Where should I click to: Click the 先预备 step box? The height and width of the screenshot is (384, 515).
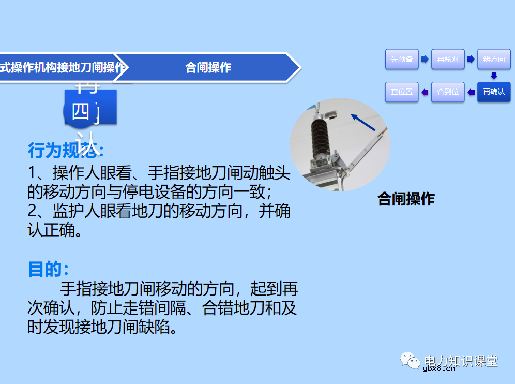click(x=402, y=59)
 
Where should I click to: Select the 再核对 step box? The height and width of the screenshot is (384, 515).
click(x=448, y=59)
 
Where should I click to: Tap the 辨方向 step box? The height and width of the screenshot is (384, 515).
click(x=494, y=59)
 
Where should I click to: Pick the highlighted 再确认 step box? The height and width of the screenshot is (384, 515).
click(x=494, y=92)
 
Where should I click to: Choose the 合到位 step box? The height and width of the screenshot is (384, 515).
click(x=448, y=92)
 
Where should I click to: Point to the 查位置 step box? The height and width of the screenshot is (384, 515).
click(x=402, y=92)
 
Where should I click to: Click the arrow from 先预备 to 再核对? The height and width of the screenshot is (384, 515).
click(x=425, y=59)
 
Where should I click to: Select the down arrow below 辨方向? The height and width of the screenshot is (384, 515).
click(x=494, y=76)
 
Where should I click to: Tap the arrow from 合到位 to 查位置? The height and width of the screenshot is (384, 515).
click(x=425, y=92)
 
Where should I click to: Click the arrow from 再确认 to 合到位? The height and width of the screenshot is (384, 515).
click(x=471, y=92)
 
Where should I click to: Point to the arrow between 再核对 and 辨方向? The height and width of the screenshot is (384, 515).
click(x=471, y=59)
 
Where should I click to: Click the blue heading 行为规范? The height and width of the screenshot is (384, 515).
click(x=66, y=151)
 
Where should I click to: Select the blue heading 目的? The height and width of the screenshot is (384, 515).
click(x=48, y=269)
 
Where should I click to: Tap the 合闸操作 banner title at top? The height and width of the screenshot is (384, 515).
click(x=208, y=67)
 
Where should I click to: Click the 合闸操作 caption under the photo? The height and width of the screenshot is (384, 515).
click(x=406, y=199)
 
